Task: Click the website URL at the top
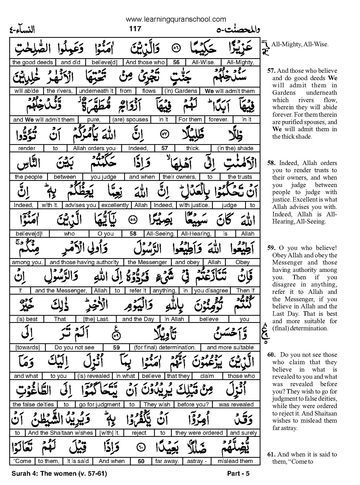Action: (x=176, y=19)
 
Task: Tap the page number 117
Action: (x=135, y=28)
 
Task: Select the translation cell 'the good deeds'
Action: (x=33, y=62)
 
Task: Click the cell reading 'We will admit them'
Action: (x=230, y=91)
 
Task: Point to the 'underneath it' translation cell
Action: (x=96, y=91)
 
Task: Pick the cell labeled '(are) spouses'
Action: (x=130, y=120)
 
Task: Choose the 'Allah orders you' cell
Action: (x=94, y=148)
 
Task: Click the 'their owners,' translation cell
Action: (x=179, y=177)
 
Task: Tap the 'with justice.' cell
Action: (x=194, y=205)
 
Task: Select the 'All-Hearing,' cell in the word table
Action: (x=196, y=234)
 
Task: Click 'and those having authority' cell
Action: (x=84, y=262)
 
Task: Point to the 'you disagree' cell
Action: (x=211, y=291)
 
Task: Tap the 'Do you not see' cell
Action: (x=74, y=347)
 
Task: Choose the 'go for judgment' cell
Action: (x=100, y=405)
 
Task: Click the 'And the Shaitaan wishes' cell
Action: (x=61, y=433)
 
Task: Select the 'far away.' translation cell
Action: (x=167, y=461)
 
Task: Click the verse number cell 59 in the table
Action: (x=116, y=347)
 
